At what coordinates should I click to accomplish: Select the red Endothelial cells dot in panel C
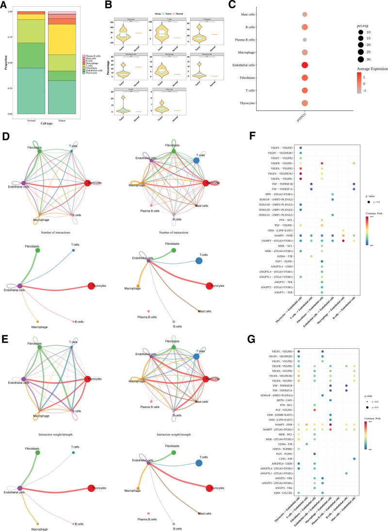point(305,65)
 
